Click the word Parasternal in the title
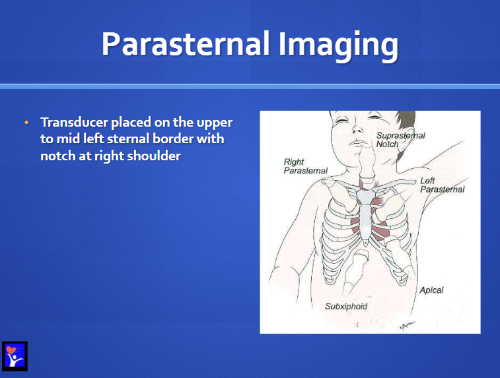(x=186, y=44)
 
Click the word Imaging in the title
(x=338, y=46)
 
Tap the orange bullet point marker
(x=26, y=123)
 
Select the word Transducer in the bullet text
(x=74, y=122)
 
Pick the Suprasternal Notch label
(x=401, y=139)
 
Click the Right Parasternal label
(x=306, y=166)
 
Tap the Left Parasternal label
(x=443, y=185)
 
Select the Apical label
(x=431, y=290)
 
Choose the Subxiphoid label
(x=346, y=306)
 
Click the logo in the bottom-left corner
(x=15, y=356)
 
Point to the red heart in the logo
(x=11, y=350)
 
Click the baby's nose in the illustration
(x=357, y=129)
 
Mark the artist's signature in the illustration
(x=408, y=325)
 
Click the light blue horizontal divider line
(x=250, y=86)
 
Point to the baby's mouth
(x=358, y=142)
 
